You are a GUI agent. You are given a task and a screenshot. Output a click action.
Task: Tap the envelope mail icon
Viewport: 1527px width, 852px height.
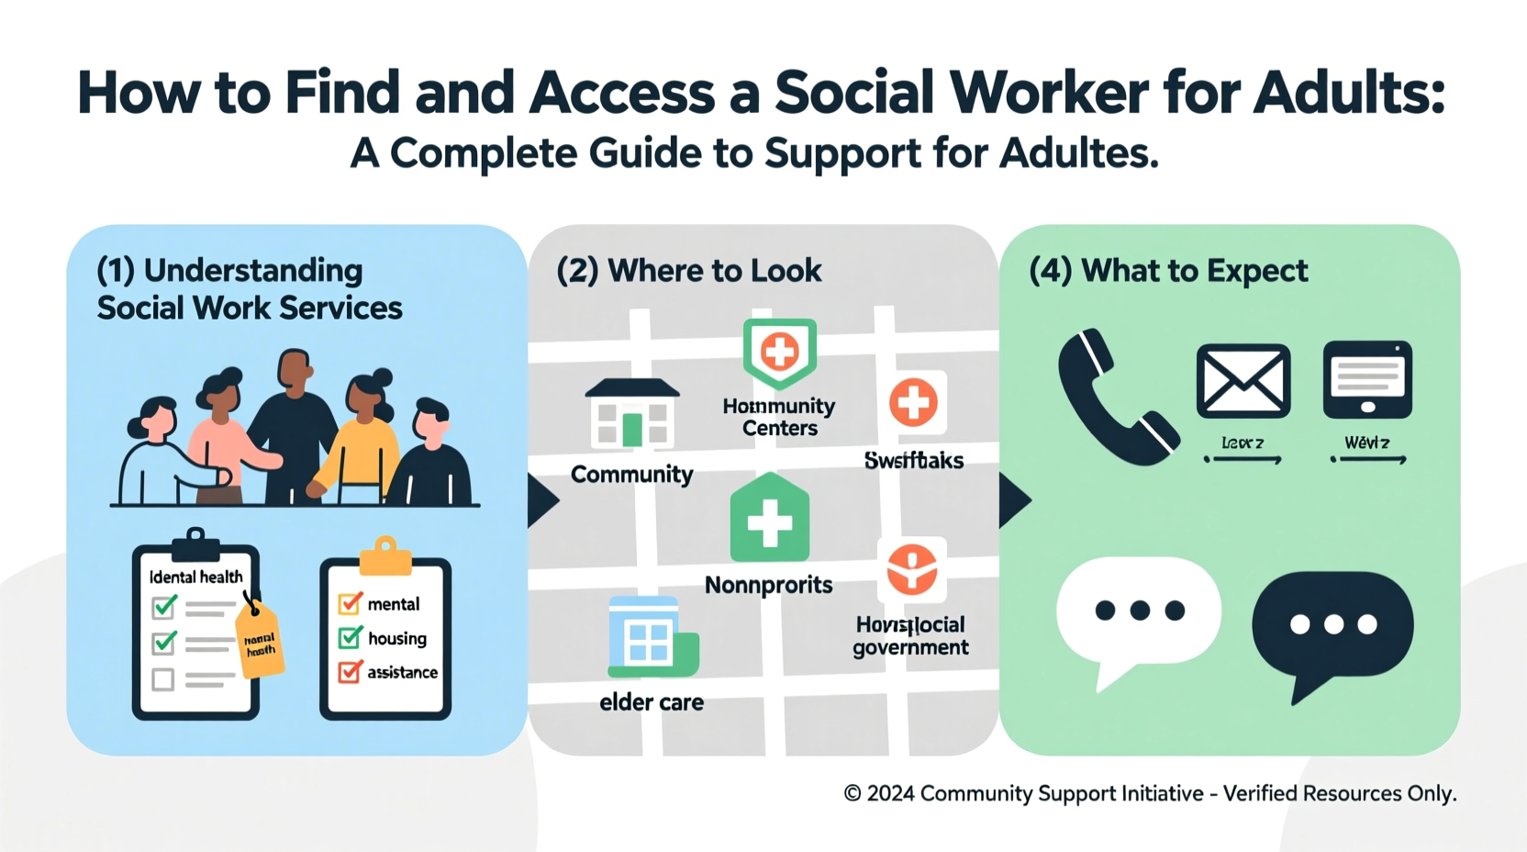point(1243,381)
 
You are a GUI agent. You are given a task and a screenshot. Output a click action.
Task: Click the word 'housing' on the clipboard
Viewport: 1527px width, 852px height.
point(397,638)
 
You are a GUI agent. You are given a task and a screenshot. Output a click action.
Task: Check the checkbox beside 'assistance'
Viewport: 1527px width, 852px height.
point(350,672)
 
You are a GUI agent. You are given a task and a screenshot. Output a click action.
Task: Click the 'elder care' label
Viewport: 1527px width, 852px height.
point(652,702)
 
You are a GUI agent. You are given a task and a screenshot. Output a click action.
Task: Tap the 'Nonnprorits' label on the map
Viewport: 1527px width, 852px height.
point(769,585)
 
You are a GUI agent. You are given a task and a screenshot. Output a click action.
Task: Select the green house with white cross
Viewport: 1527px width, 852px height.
point(770,520)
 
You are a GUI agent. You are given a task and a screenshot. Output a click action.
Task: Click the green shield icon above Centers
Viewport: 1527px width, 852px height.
point(780,352)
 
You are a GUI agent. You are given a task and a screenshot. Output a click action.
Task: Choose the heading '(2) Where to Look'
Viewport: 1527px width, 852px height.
point(689,271)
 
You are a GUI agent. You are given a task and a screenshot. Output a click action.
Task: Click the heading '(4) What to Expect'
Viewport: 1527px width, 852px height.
point(1168,271)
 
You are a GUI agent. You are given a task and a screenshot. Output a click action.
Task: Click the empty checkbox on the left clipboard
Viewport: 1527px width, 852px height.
point(163,679)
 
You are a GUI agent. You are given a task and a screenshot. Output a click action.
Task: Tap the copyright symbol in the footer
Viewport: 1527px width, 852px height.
point(853,793)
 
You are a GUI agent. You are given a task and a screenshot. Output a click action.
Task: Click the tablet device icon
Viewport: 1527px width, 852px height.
point(1367,379)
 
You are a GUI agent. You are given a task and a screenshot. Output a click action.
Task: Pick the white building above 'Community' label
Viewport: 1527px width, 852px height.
point(632,414)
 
